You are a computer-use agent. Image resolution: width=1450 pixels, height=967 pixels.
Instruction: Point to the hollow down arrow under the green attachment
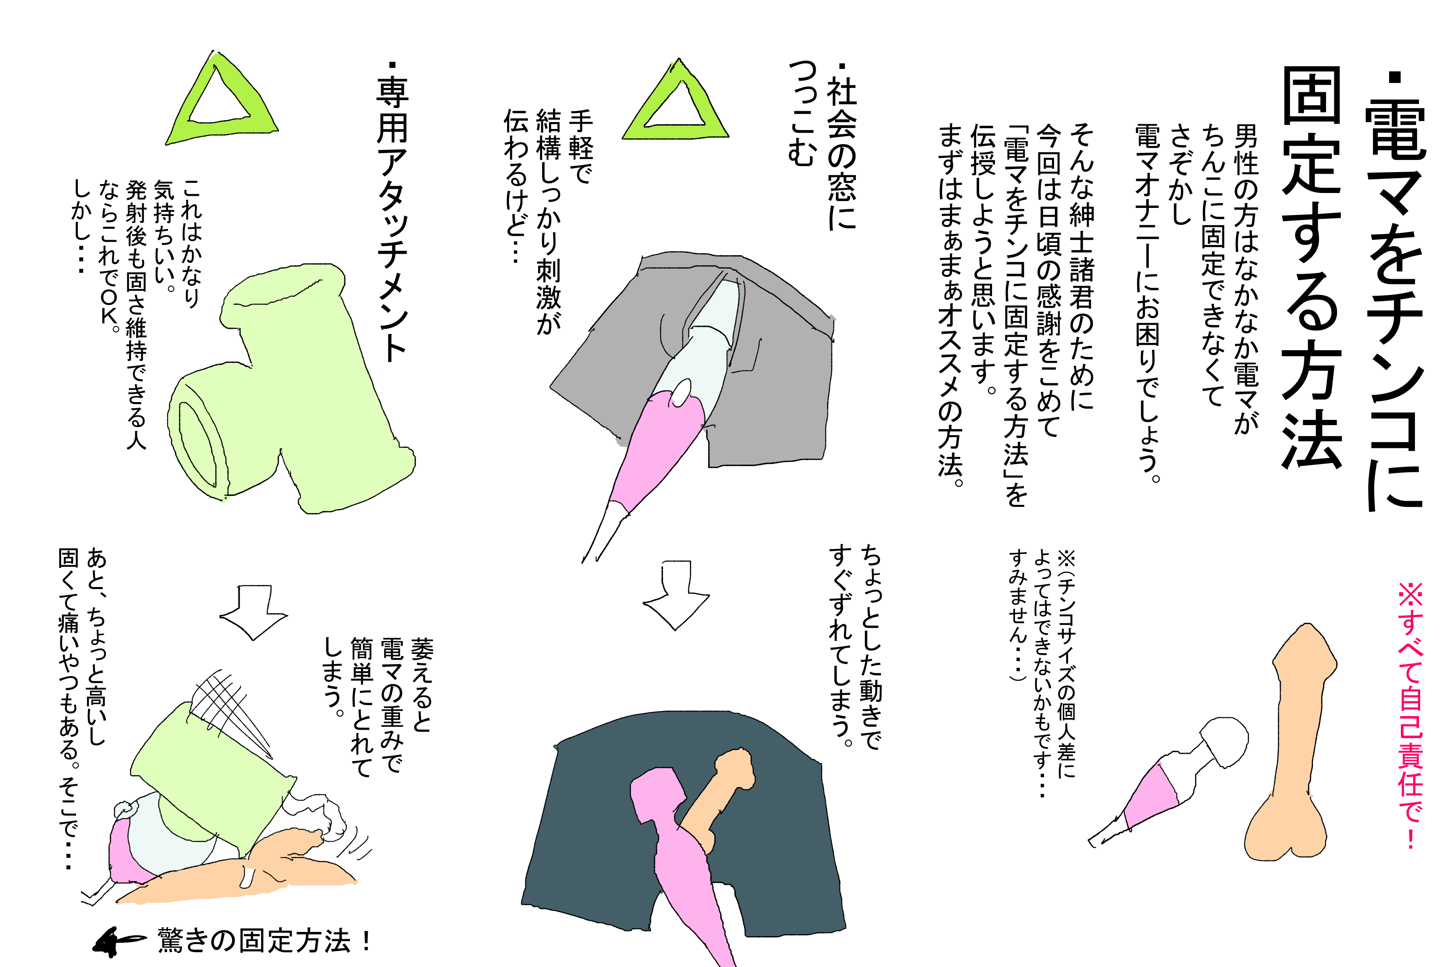click(253, 612)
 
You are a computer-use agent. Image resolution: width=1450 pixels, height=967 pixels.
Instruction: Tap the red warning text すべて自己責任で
click(1410, 716)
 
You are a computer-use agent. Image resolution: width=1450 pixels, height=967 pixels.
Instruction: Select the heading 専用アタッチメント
click(391, 213)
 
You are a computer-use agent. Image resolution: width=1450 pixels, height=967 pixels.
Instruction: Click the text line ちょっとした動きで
click(870, 647)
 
